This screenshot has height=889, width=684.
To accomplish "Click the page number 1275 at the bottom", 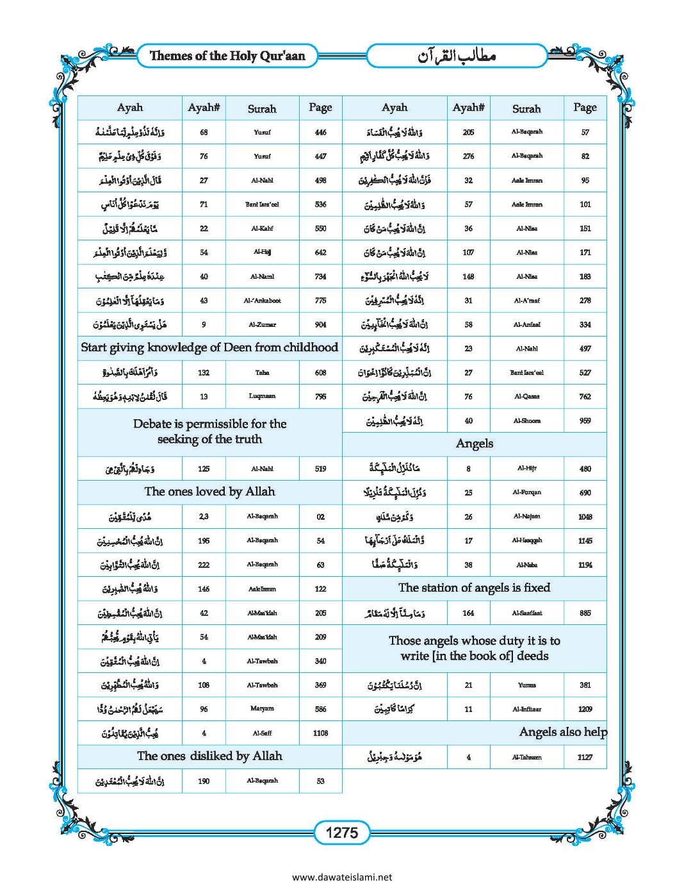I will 342,833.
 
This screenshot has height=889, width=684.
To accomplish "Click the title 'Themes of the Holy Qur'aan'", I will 227,56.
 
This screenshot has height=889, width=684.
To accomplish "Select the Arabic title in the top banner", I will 457,56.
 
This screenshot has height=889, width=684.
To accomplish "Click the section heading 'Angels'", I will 474,444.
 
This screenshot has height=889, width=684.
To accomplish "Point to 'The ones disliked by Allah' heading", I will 209,756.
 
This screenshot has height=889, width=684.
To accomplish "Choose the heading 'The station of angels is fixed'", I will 474,588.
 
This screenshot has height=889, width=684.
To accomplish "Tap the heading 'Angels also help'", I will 563,732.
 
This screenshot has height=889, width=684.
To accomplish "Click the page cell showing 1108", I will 320,733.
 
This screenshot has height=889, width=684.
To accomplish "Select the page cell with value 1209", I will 585,709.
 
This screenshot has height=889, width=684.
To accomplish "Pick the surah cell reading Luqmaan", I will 262,396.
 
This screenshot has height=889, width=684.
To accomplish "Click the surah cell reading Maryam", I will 262,709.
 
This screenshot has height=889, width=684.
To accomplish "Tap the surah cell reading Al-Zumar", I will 262,324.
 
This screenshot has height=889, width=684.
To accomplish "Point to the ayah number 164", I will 468,613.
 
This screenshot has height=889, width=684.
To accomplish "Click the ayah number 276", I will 468,156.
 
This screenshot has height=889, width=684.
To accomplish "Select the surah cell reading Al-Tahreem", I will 526,757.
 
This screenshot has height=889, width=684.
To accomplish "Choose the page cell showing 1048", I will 585,517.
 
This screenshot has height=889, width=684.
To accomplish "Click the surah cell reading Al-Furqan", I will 526,492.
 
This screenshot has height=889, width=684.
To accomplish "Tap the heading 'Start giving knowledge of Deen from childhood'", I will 209,347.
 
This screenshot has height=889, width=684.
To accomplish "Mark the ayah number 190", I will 204,781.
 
